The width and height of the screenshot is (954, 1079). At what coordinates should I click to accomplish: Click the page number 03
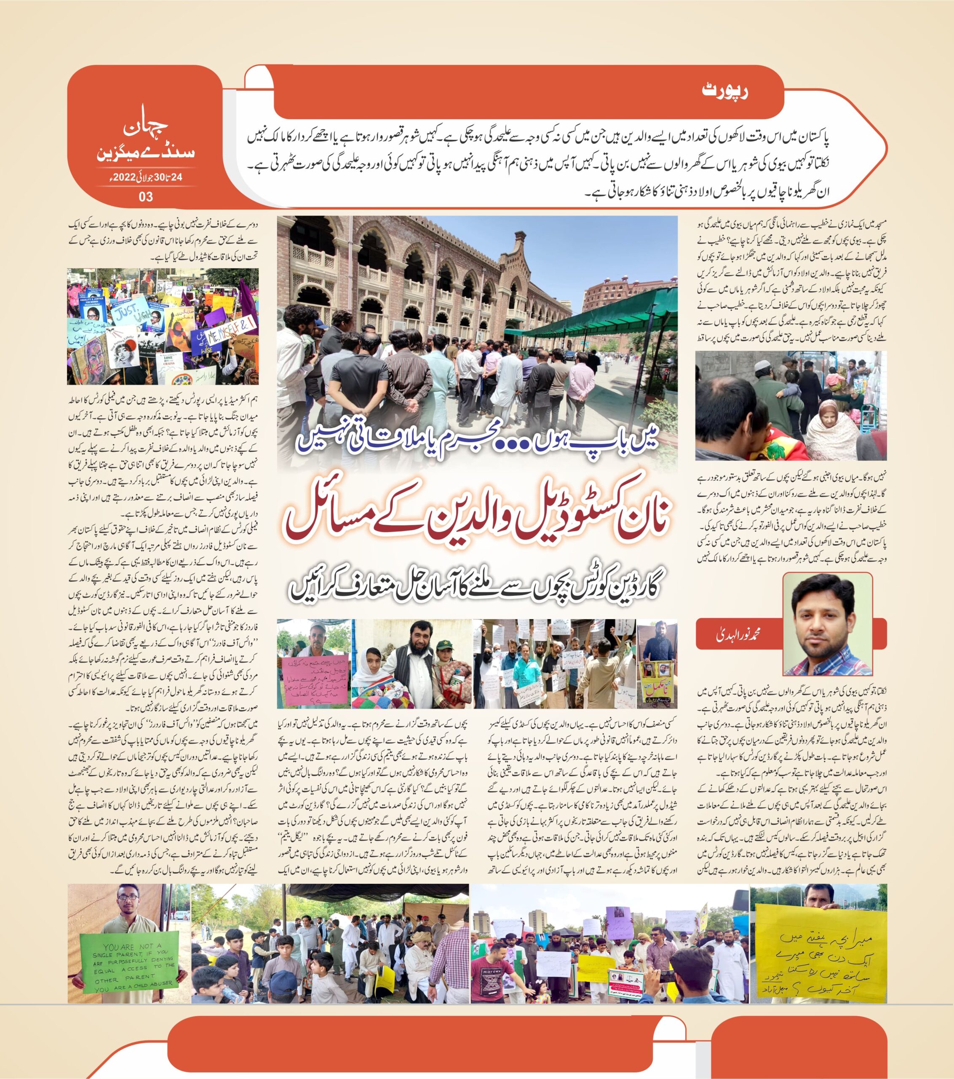point(146,196)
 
